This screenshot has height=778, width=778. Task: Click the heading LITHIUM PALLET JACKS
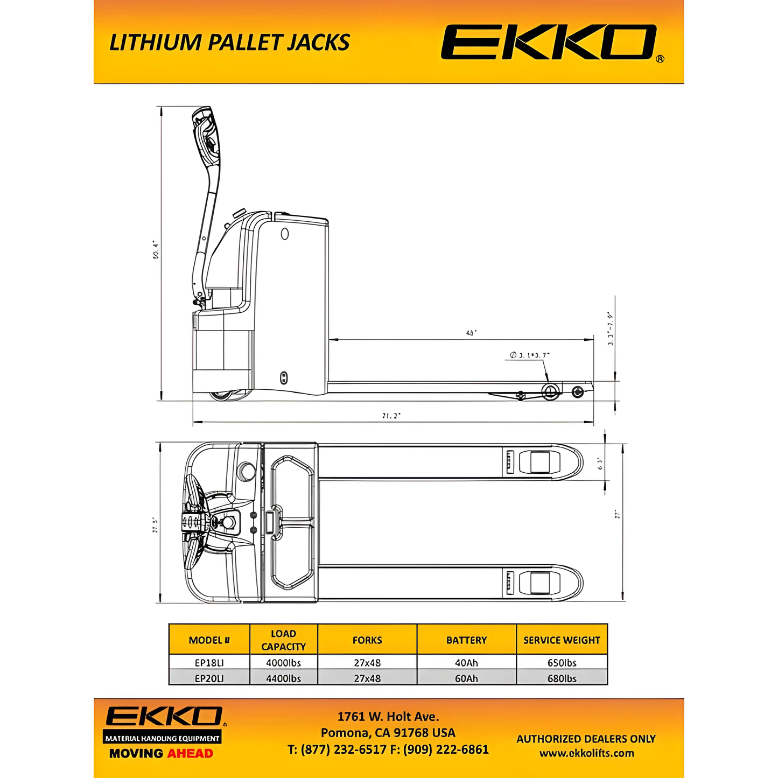[x=229, y=43]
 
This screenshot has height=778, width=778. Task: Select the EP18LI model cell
[x=209, y=663]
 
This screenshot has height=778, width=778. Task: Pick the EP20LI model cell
[x=209, y=678]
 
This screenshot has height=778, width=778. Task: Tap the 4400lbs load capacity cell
[x=283, y=678]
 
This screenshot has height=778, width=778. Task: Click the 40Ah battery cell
[x=466, y=663]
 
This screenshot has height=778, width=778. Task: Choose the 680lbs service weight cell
[x=562, y=678]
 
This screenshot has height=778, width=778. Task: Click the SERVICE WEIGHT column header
[x=562, y=640]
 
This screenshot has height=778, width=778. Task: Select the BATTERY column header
[x=466, y=640]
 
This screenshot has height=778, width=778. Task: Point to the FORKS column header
[x=367, y=640]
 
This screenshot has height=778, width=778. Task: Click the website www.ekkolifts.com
[x=586, y=753]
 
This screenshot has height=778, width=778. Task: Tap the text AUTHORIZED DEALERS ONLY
[x=586, y=739]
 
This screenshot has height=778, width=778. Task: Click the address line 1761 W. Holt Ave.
[x=388, y=717]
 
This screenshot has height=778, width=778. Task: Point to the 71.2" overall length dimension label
[x=391, y=416]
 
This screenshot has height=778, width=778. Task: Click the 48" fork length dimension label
[x=471, y=333]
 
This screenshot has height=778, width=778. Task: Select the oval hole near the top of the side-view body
[x=285, y=234]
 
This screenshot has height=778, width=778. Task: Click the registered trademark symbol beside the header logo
[x=660, y=59]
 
